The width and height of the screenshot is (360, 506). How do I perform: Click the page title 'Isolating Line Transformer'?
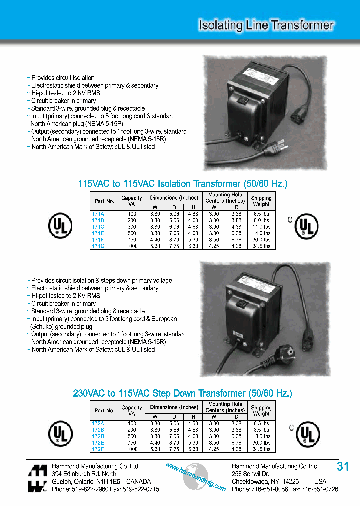tap(266, 25)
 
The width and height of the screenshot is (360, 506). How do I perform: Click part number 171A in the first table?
tap(98, 213)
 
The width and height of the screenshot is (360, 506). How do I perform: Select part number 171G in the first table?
tap(98, 246)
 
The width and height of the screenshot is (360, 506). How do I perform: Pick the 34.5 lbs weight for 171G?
tap(261, 246)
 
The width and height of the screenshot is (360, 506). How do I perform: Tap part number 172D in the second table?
tap(98, 436)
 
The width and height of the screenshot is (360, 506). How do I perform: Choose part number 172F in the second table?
tap(98, 449)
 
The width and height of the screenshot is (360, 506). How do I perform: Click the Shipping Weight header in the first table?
tap(261, 201)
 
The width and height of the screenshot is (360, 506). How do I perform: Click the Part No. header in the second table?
tap(104, 410)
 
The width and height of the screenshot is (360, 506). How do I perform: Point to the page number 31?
tap(343, 467)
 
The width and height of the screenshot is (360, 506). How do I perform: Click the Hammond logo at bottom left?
tap(37, 478)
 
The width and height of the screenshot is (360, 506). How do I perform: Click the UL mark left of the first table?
tap(60, 225)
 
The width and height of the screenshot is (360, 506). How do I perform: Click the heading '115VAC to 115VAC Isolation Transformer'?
tap(183, 184)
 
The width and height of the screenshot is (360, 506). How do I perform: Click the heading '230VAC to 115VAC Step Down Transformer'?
tap(183, 393)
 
